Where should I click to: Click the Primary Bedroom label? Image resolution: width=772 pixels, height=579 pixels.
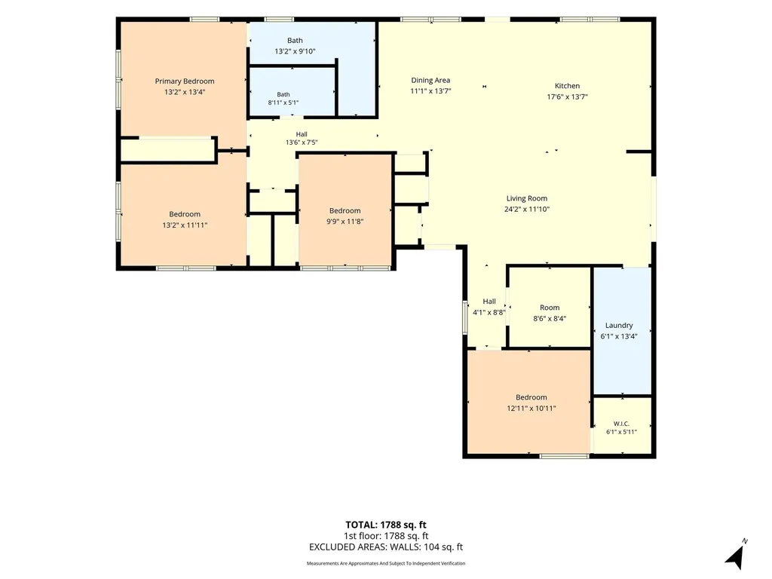coord(185,81)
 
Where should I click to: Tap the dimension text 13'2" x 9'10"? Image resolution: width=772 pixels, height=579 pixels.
coord(295,51)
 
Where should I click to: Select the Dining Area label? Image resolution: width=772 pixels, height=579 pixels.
coord(430,80)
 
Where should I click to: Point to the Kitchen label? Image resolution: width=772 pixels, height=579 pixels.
coord(567,86)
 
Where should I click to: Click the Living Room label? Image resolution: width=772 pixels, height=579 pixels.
coord(527,198)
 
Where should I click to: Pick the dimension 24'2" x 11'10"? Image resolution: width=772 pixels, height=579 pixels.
coord(527,210)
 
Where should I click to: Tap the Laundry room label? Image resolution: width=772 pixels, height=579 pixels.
coord(619,326)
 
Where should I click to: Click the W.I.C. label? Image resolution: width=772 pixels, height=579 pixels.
coord(621,424)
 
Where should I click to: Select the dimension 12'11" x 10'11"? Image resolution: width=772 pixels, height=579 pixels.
coord(532,408)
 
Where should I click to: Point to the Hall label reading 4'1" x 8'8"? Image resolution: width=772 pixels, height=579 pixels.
coord(489,307)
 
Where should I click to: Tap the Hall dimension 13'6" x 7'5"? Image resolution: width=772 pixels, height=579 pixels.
coord(302,142)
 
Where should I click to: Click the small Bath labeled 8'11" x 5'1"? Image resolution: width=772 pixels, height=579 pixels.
coord(283,99)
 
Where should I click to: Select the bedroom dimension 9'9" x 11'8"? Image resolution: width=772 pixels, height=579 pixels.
coord(345,222)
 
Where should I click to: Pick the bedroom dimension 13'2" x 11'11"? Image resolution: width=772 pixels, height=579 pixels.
coord(185,225)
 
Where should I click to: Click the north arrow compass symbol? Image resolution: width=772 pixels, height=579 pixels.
coord(735,556)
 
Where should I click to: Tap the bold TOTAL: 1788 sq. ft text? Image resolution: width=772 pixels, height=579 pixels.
coord(385,525)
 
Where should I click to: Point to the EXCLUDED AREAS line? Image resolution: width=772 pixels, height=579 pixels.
coord(385,547)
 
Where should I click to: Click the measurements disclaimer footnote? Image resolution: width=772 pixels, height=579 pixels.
coord(385,563)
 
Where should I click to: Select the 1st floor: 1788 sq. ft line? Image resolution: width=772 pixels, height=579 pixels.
coord(385,536)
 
